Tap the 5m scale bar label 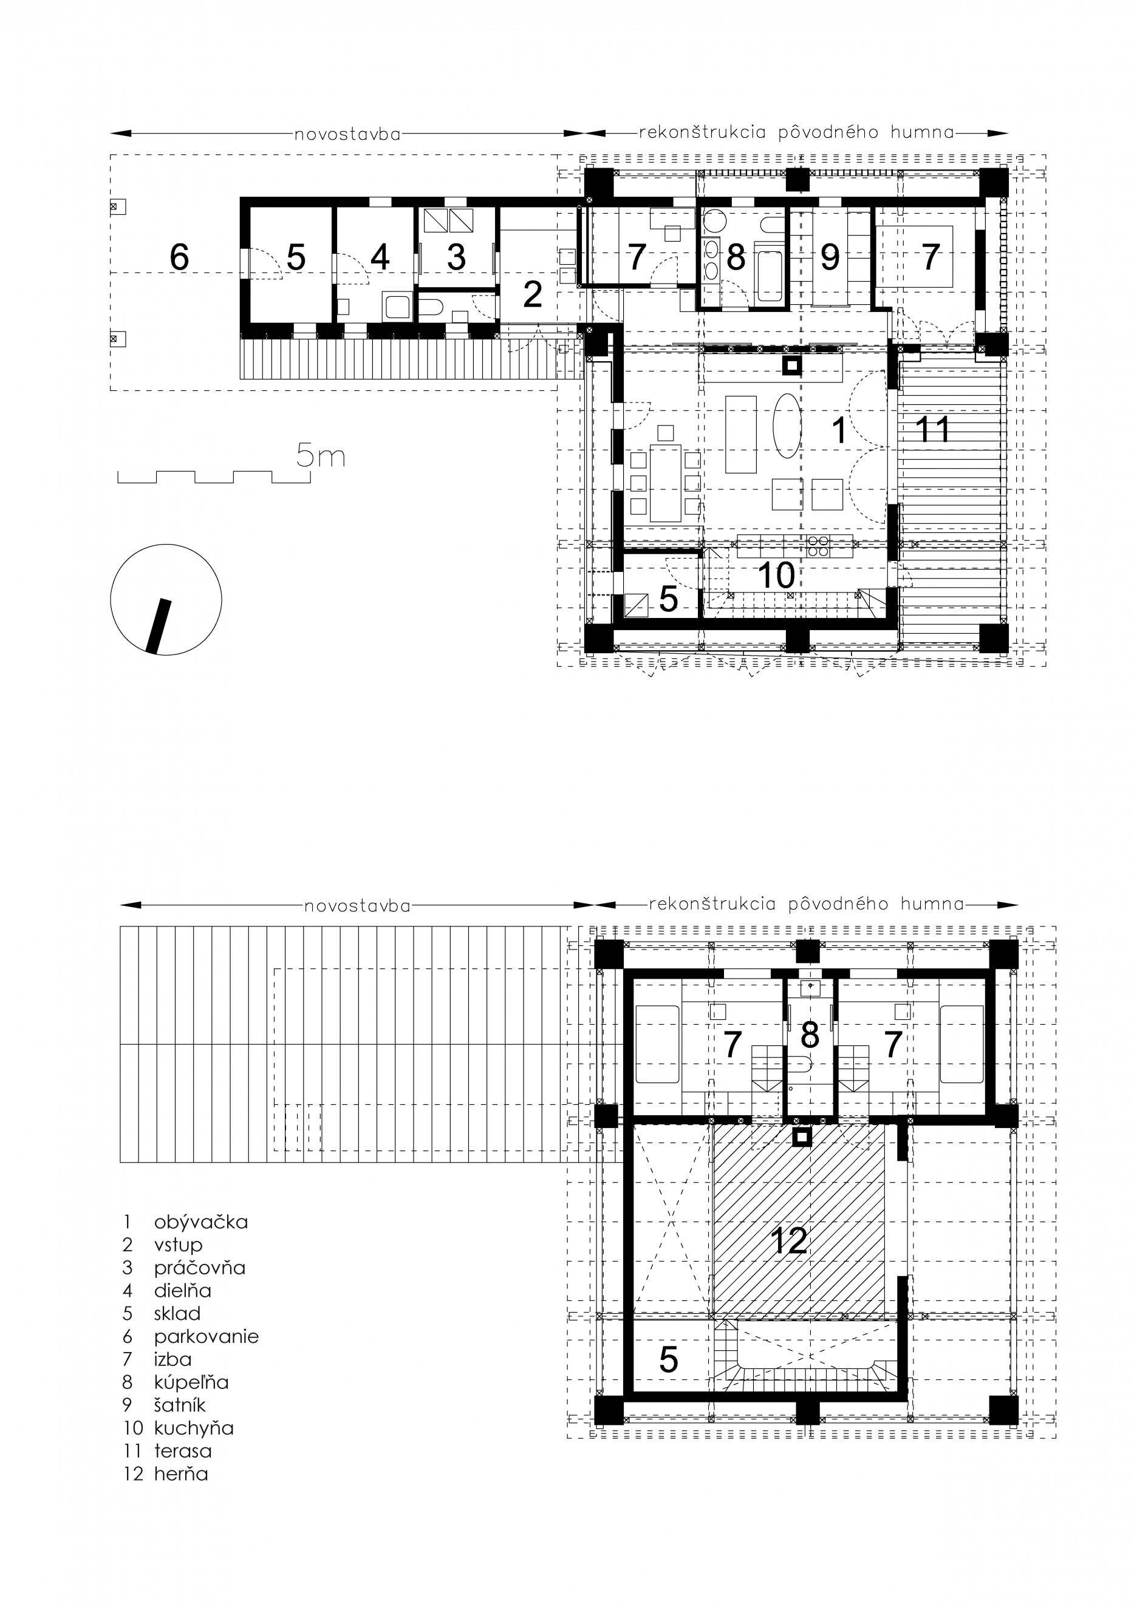tap(321, 457)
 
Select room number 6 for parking tap(179, 257)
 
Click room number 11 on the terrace tap(934, 429)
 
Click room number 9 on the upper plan tap(830, 257)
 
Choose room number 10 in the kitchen tap(776, 576)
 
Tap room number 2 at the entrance tap(533, 294)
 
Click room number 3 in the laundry tap(457, 257)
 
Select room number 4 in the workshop tap(380, 257)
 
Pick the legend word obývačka tap(201, 1223)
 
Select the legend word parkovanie tap(207, 1336)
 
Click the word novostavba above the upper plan tap(348, 134)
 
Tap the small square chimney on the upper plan tap(791, 365)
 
